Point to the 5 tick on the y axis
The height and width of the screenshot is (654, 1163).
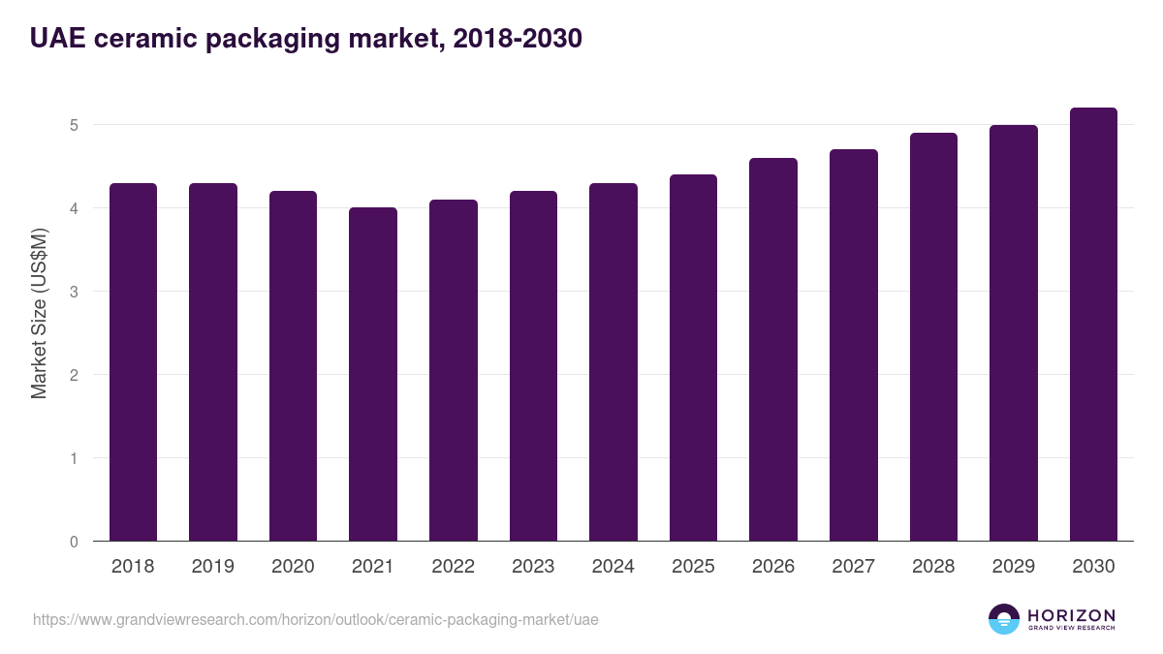coord(74,125)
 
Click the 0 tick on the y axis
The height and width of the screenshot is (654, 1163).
coord(74,542)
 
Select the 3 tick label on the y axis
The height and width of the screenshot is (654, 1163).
coord(74,292)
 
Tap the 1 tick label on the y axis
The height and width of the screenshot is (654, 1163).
coord(74,458)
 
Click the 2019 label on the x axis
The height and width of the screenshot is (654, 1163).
coord(212,567)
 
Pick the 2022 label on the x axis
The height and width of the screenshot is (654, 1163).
coord(453,567)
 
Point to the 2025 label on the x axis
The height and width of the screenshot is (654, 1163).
coord(693,567)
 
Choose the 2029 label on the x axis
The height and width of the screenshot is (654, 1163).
coord(1014,567)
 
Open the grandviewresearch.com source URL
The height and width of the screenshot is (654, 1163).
coord(316,619)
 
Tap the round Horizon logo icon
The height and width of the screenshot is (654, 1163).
coord(1004,619)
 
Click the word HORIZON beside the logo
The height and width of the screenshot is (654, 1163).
coord(1071,614)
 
